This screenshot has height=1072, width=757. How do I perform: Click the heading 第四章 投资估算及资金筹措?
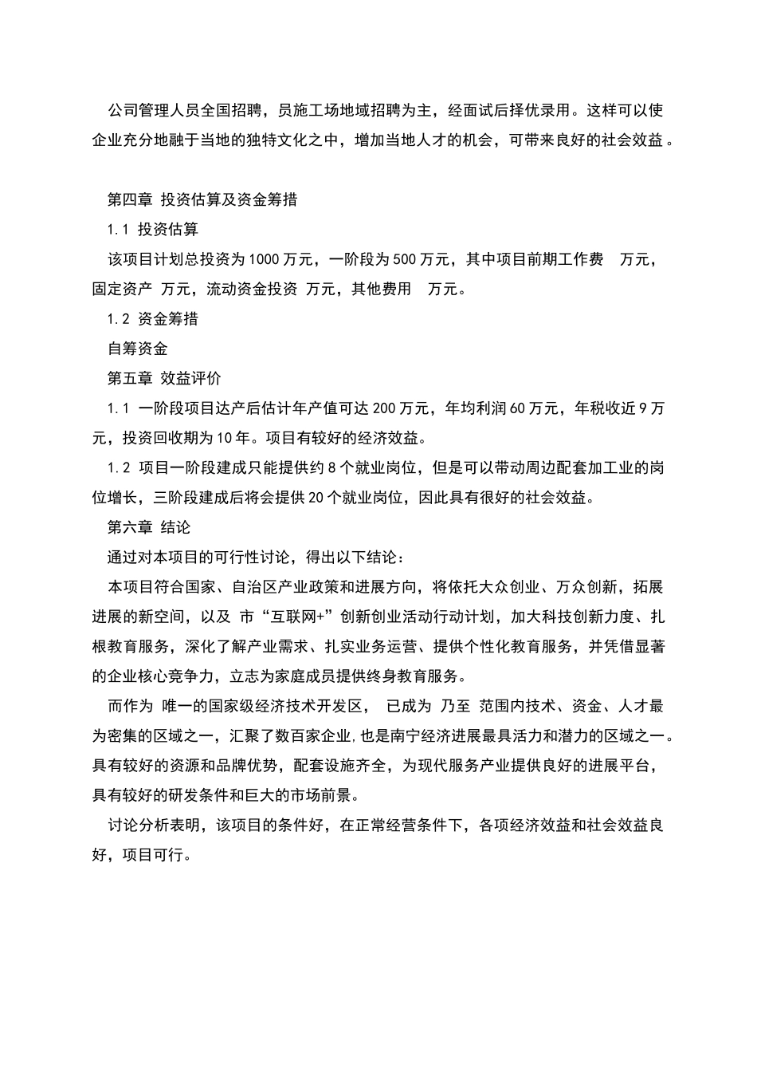click(202, 199)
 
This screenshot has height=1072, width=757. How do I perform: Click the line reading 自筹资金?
click(138, 349)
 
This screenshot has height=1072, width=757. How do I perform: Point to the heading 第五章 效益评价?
click(164, 378)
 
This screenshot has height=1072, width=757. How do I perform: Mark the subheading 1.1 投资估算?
click(153, 229)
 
